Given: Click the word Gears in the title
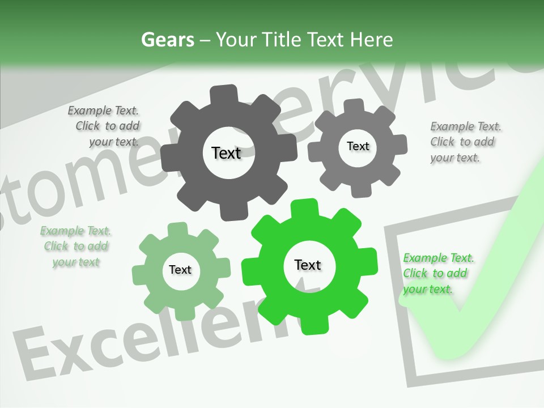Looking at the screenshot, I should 167,40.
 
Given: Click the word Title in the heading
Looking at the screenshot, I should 281,40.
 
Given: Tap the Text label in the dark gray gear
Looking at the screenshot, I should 226,153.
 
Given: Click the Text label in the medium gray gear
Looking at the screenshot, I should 358,146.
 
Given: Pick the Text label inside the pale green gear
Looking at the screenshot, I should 180,270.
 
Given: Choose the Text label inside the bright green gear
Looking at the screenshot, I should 308,265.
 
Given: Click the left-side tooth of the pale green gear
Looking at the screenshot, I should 141,274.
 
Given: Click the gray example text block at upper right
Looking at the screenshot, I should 465,142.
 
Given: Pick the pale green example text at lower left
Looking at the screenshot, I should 76,246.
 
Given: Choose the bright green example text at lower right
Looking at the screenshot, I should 437,274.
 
